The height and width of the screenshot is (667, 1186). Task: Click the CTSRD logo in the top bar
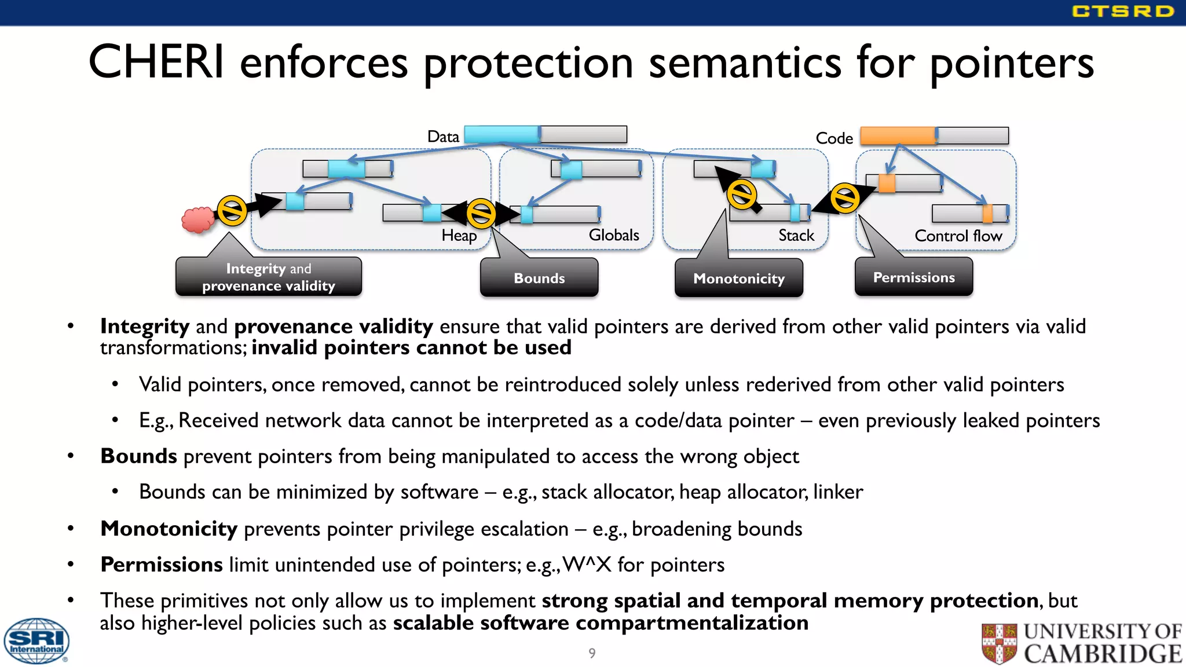(x=1122, y=11)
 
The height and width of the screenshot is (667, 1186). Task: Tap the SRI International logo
(x=36, y=641)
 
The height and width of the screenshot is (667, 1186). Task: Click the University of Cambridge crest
(x=999, y=643)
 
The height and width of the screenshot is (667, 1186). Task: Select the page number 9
(x=592, y=653)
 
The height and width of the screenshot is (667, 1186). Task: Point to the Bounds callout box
(x=539, y=278)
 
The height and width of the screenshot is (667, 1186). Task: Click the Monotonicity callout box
(x=738, y=278)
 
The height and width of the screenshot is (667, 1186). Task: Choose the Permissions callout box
(x=913, y=277)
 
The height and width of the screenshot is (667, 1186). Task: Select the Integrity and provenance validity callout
(x=268, y=277)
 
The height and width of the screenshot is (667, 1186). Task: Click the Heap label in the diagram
(x=459, y=236)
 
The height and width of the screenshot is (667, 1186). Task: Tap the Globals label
(x=613, y=234)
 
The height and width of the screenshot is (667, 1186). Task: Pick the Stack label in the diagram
(x=796, y=235)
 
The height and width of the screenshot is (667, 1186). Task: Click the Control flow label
(x=958, y=236)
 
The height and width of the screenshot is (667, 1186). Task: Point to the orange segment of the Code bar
(x=897, y=135)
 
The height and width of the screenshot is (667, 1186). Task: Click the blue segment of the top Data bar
(x=502, y=134)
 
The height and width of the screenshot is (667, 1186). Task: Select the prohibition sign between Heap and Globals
(x=481, y=213)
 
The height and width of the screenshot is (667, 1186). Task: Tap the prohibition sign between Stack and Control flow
(x=845, y=199)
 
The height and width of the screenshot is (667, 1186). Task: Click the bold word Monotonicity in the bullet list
(x=169, y=529)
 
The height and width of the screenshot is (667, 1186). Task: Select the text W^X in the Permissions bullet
(x=587, y=564)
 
